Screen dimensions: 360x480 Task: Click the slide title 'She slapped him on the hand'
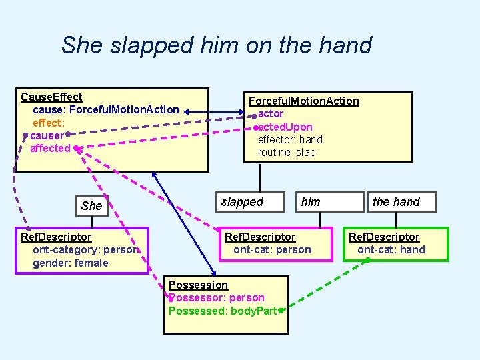tap(216, 45)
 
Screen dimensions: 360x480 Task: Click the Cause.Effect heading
tap(51, 97)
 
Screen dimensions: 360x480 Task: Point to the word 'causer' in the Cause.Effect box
tap(47, 135)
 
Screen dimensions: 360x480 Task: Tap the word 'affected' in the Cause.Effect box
tap(50, 148)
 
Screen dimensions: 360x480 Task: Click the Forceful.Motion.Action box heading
tap(303, 101)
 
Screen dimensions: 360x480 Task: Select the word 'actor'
tap(271, 114)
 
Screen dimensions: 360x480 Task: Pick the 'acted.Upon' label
tap(285, 127)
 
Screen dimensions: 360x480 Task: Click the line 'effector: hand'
tap(290, 139)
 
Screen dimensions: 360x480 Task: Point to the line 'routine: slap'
tap(287, 152)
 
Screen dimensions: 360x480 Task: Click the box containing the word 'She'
tap(91, 205)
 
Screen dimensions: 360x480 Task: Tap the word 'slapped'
tap(242, 201)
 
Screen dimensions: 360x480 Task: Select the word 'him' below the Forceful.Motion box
tap(311, 201)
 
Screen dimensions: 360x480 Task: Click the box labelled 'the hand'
tap(396, 201)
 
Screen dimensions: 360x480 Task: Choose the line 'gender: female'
tap(70, 263)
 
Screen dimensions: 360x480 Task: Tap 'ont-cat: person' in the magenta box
tap(272, 250)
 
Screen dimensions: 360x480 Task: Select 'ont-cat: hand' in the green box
tap(391, 250)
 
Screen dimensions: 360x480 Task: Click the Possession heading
tap(198, 285)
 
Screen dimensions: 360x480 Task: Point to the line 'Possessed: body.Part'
tap(223, 311)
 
